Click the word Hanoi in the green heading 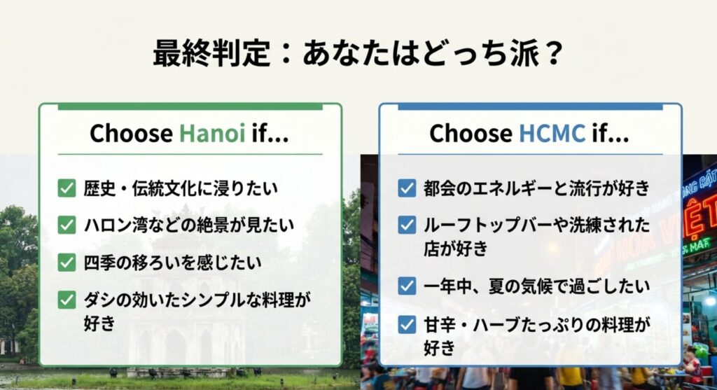coord(211,133)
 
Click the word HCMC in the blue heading coord(552,133)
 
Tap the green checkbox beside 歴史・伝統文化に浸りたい coord(67,188)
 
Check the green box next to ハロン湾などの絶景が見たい coord(67,225)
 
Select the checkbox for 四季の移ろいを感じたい coord(67,263)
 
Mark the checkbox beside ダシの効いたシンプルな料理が coord(67,300)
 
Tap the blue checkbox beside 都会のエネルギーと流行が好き coord(407,188)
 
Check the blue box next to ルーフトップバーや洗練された coord(407,225)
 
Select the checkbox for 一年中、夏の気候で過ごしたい coord(407,286)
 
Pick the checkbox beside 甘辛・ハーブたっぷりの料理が coord(407,324)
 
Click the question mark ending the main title coord(552,53)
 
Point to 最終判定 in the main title coord(211,53)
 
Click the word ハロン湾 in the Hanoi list coord(116,225)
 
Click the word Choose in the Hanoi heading coord(131,133)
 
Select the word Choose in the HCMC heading coord(471,133)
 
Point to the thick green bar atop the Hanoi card coord(190,107)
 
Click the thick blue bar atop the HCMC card coord(531,107)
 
